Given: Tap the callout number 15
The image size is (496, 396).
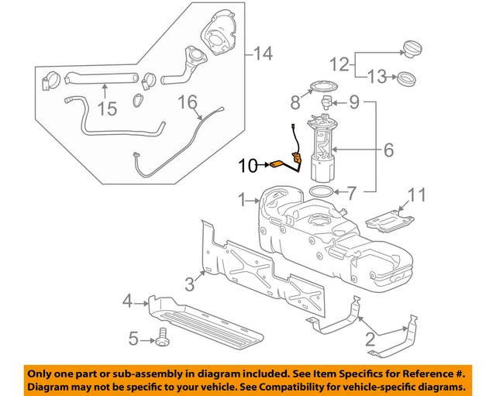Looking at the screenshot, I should tap(107, 108).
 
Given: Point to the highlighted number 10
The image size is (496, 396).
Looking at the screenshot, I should tap(247, 164).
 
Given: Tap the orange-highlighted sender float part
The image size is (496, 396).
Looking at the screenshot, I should tap(277, 164).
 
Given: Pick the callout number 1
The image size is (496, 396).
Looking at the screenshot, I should tap(241, 199).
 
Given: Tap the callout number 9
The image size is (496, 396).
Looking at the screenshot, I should tap(355, 100).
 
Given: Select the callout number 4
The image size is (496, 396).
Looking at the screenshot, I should tap(129, 300).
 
